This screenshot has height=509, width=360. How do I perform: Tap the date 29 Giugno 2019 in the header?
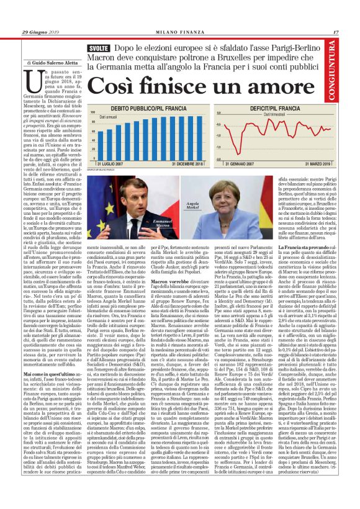[38, 32]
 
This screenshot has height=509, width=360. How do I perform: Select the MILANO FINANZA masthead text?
[179, 32]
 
